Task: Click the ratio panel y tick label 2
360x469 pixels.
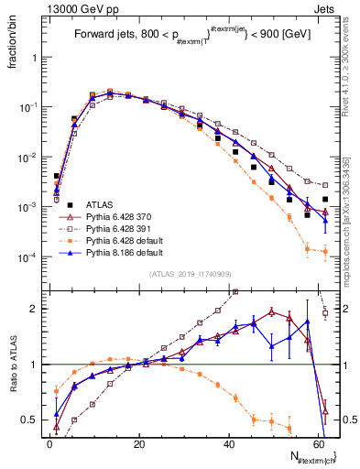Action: [x=34, y=309]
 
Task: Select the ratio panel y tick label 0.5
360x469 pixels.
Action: [x=29, y=420]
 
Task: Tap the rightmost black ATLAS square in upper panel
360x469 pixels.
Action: [x=325, y=199]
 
